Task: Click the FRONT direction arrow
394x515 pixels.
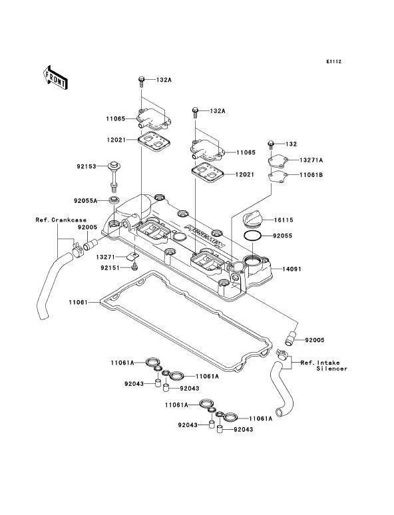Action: (55, 77)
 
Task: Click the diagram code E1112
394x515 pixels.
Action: (333, 61)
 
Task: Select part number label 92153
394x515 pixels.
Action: (87, 166)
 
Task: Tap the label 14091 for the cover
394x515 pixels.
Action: (292, 269)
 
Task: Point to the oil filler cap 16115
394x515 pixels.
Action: (252, 219)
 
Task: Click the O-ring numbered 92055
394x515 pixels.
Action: (252, 236)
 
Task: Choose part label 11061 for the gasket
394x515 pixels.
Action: (79, 302)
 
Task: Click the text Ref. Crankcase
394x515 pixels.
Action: (61, 220)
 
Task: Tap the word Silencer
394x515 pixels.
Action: (331, 369)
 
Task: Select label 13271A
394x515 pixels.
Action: (311, 160)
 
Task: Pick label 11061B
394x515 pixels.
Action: (311, 175)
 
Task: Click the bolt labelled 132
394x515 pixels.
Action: (271, 145)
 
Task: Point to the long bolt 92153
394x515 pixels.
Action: (114, 177)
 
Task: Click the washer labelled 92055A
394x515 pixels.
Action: (114, 200)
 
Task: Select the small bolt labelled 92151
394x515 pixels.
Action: (134, 267)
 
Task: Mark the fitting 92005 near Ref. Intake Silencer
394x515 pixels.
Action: (290, 339)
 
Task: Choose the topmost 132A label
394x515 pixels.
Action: (164, 80)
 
